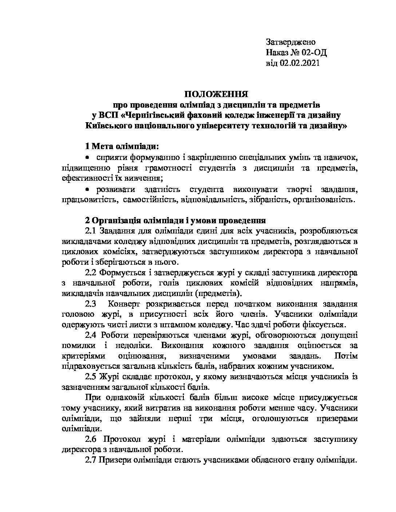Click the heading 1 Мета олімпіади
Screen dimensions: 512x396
coord(122,147)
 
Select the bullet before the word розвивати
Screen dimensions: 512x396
coord(87,189)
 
